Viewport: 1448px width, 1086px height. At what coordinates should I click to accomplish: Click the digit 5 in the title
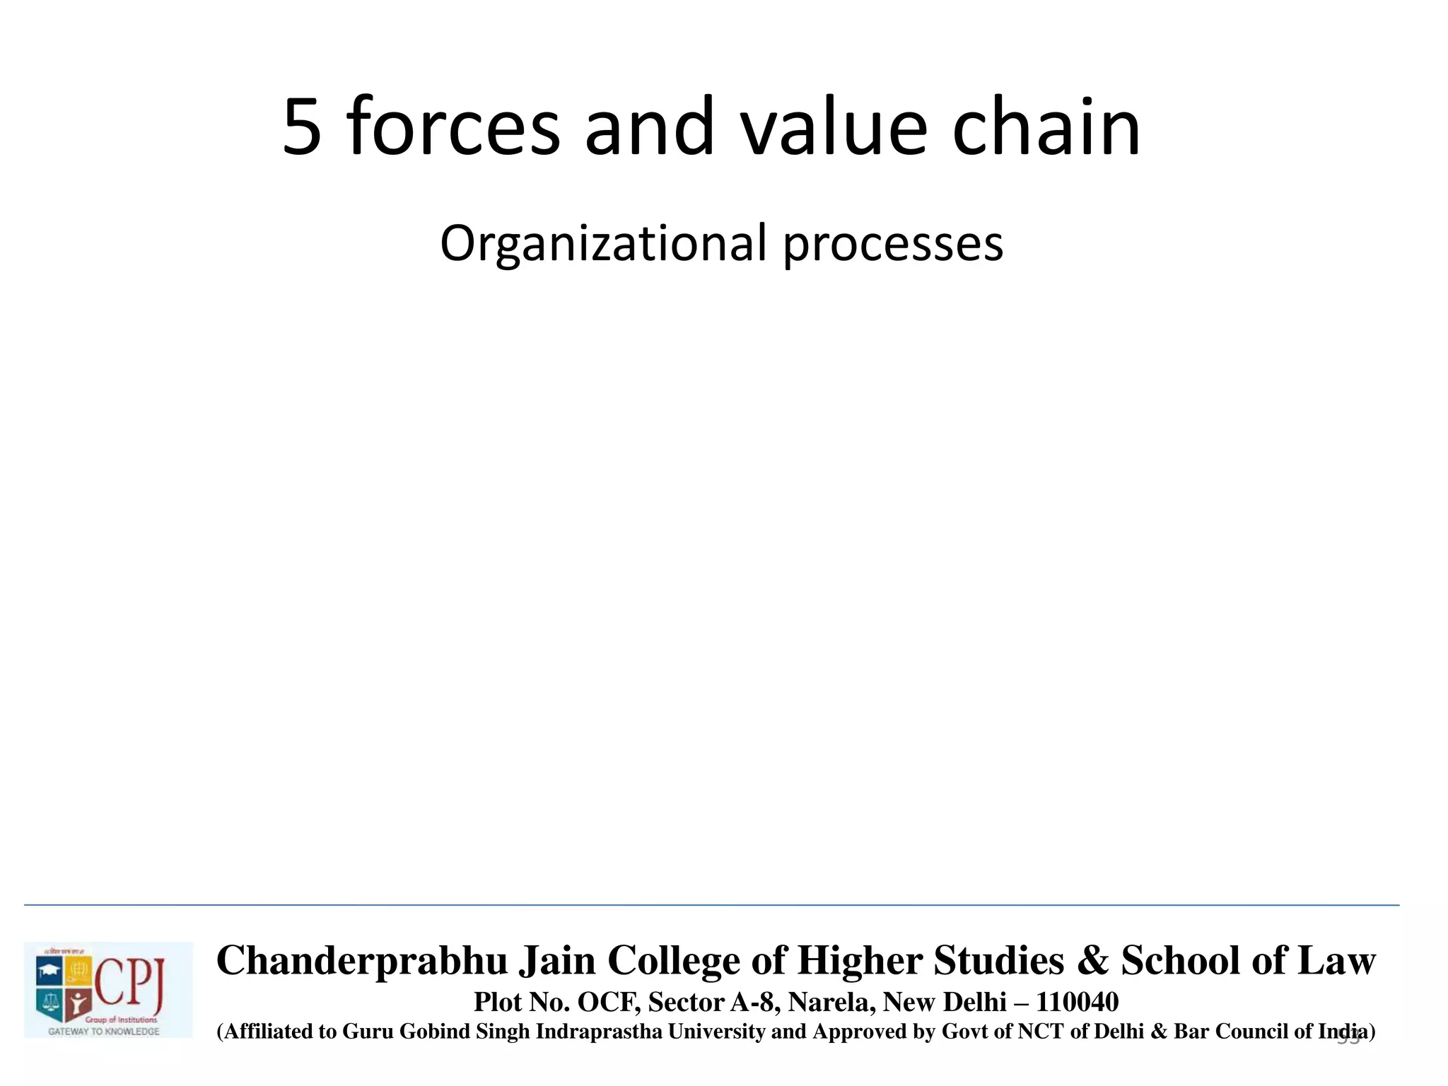(x=303, y=128)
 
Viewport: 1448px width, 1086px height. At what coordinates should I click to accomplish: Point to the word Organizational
(x=603, y=245)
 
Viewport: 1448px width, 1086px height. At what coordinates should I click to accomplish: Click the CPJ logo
(x=108, y=989)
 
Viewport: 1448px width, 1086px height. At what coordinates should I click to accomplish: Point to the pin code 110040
(x=1078, y=1003)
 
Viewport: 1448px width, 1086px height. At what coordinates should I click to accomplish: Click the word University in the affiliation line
(x=717, y=1032)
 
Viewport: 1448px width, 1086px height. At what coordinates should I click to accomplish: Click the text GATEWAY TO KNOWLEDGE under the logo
(x=104, y=1032)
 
